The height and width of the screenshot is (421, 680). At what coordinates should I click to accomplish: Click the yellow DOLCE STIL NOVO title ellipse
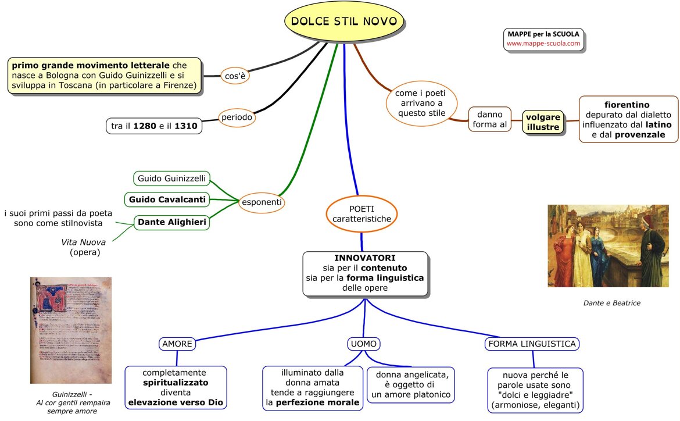tap(343, 22)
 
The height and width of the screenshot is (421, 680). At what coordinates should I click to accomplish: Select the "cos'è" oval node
tap(235, 75)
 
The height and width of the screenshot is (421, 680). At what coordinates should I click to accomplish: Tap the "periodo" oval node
tap(237, 117)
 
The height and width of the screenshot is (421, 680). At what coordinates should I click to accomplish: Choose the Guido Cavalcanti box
tap(167, 199)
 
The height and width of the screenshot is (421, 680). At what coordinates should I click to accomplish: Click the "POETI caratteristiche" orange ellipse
tap(362, 213)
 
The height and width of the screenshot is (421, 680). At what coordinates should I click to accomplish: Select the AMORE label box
tap(177, 344)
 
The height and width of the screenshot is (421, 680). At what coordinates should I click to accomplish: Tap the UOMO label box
tap(364, 344)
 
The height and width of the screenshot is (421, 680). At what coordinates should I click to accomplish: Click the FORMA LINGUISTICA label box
tap(532, 344)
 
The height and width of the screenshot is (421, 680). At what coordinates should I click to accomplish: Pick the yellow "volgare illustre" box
tap(543, 122)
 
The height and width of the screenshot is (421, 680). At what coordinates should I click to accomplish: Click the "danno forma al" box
tap(489, 119)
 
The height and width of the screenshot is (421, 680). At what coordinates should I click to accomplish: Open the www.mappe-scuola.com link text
tap(543, 44)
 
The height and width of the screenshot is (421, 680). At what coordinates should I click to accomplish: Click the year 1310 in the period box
tap(186, 126)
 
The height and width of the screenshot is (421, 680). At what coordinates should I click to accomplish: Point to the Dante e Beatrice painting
tap(608, 246)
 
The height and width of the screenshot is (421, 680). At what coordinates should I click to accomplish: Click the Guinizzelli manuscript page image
tap(71, 330)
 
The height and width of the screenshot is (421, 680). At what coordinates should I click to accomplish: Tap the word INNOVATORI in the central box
tap(364, 258)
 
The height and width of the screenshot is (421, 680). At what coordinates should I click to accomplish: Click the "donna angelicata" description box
tap(410, 385)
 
